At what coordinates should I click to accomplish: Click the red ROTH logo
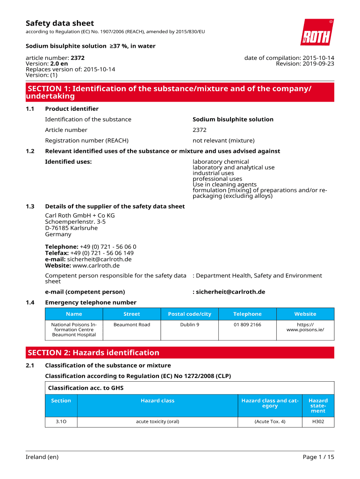[317, 32]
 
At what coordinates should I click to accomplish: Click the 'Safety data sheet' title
[59, 23]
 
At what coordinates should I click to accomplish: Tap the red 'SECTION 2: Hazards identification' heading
[94, 353]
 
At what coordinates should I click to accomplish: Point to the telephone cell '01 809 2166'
[247, 325]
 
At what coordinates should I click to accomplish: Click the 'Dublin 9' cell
[189, 325]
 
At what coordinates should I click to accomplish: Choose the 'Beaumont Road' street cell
[132, 325]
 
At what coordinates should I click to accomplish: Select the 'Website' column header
[305, 314]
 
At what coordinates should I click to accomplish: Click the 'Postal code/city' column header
[189, 314]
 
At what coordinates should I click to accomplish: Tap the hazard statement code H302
[318, 422]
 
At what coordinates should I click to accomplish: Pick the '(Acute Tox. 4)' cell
[270, 422]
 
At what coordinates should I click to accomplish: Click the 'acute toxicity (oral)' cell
[158, 422]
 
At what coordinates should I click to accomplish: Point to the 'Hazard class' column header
[158, 401]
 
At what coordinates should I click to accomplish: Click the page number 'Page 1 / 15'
[318, 457]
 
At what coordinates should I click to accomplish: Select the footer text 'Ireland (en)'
[42, 457]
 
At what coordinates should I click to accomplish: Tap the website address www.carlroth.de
[96, 266]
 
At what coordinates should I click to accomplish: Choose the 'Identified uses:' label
[68, 162]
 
